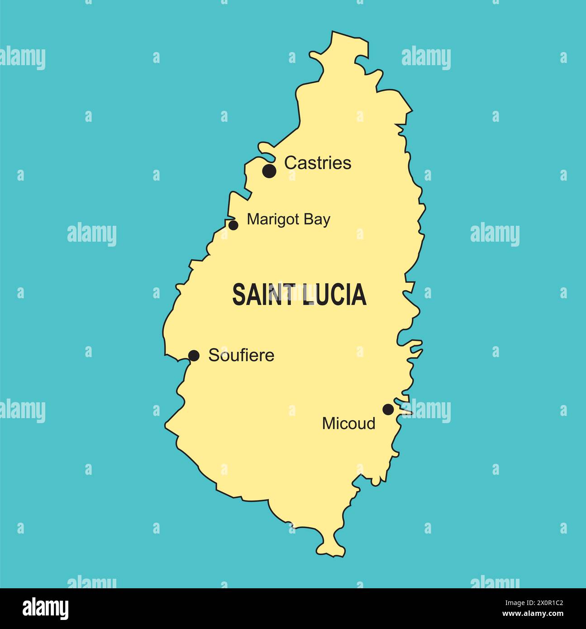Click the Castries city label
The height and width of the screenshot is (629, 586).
click(318, 163)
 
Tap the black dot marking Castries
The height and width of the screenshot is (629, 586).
click(269, 171)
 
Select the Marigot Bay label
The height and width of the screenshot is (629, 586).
click(288, 219)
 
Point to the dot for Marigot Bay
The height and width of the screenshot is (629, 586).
click(233, 225)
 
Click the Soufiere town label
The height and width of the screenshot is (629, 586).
click(241, 355)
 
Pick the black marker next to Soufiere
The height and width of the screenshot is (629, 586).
click(194, 356)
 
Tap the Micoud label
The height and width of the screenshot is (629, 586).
click(348, 424)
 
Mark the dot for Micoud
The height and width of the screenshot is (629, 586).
click(388, 410)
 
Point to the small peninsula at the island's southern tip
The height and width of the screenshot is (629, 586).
click(333, 545)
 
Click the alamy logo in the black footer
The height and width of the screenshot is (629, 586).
click(45, 609)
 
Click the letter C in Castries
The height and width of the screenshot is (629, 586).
click(290, 163)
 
